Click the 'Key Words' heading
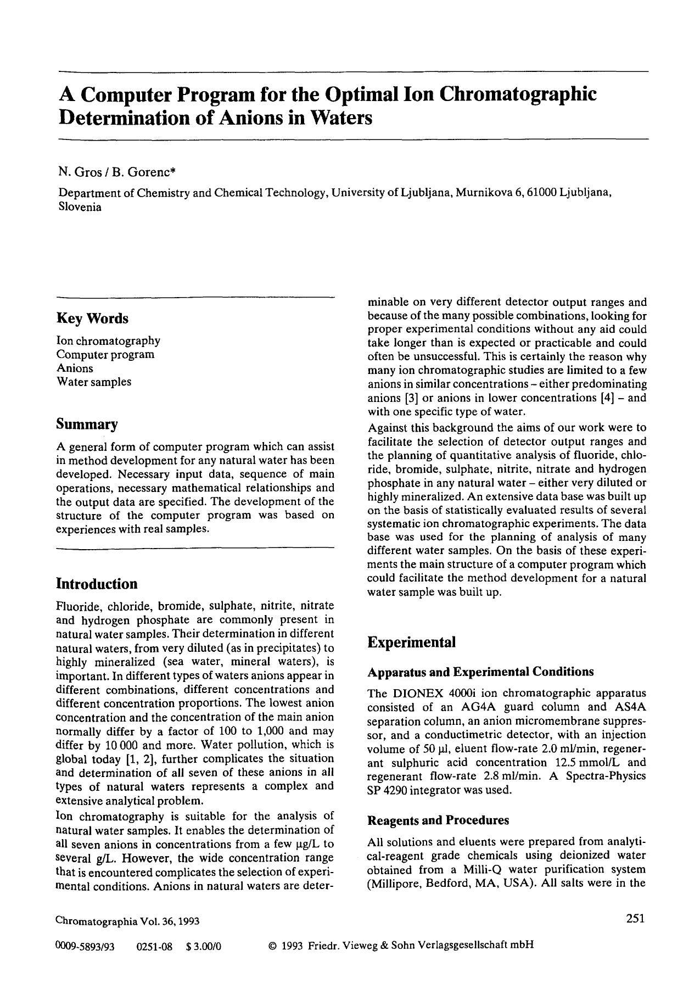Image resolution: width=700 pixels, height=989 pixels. pos(92,319)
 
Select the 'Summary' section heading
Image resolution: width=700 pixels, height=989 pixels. pos(87,424)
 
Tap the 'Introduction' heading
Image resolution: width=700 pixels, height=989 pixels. pos(97,584)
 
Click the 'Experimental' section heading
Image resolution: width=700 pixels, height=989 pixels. pos(411,642)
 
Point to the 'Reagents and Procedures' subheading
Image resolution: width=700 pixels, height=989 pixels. pos(438,820)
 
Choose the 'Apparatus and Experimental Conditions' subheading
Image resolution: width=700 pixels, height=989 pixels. pos(480,672)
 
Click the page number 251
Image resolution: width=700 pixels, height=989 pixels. pos(635,919)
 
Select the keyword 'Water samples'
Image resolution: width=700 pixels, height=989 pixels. pos(94,382)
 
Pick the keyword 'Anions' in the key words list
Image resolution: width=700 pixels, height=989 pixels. pos(75,368)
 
